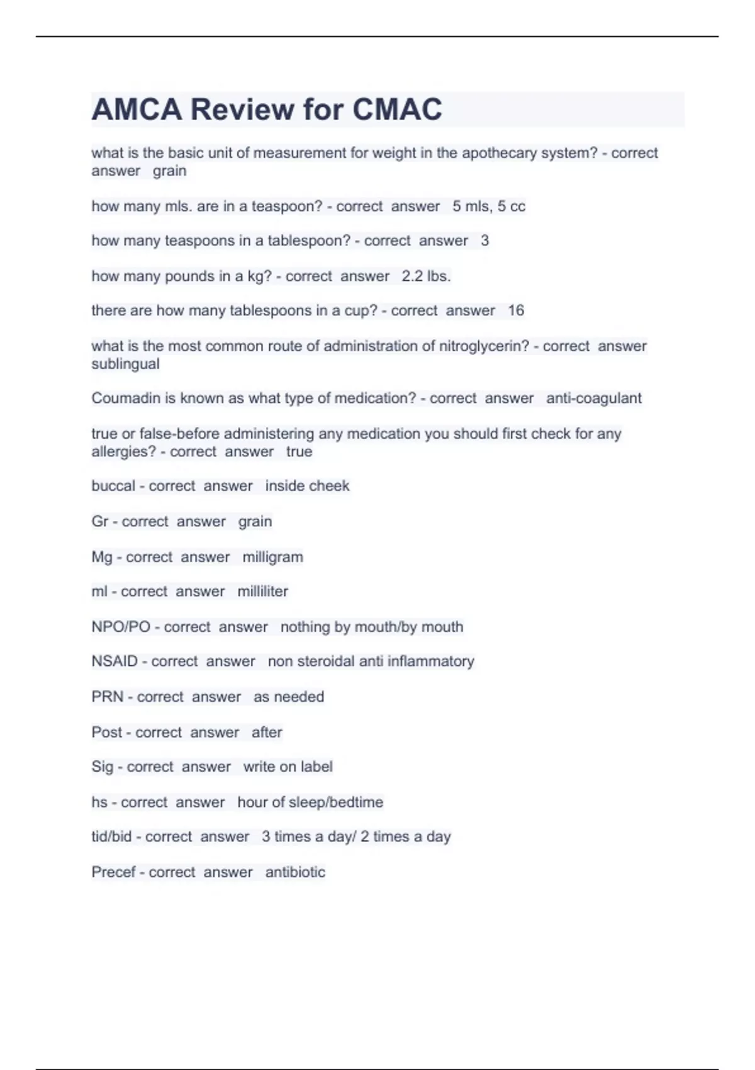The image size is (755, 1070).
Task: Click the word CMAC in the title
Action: click(397, 110)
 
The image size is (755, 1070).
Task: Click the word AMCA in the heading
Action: click(137, 110)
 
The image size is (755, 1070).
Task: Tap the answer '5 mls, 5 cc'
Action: click(489, 206)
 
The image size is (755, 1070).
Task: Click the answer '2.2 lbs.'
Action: click(426, 276)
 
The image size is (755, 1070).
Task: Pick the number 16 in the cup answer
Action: click(516, 310)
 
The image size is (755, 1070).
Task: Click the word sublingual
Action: click(125, 364)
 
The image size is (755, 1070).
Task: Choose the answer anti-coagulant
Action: click(594, 398)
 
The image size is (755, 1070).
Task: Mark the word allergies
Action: click(123, 452)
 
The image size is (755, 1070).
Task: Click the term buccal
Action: click(113, 486)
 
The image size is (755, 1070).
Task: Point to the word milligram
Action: click(272, 557)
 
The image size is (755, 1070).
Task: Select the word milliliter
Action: click(262, 592)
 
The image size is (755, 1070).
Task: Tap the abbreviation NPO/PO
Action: click(121, 627)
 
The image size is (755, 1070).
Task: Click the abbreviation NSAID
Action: click(115, 662)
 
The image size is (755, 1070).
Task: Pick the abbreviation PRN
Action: click(107, 697)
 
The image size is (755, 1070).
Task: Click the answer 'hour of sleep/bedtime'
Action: click(310, 802)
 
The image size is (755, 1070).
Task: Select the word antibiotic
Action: click(295, 872)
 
